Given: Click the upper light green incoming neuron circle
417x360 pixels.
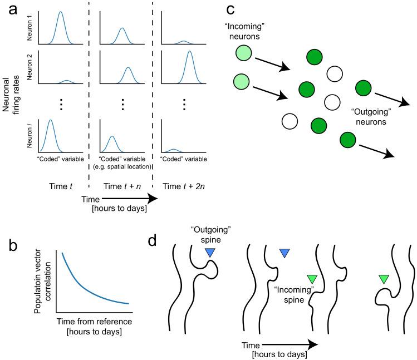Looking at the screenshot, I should point(243,54).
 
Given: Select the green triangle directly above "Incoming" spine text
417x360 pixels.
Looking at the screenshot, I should point(312,279).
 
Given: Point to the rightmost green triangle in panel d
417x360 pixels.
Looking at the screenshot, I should point(383,279).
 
